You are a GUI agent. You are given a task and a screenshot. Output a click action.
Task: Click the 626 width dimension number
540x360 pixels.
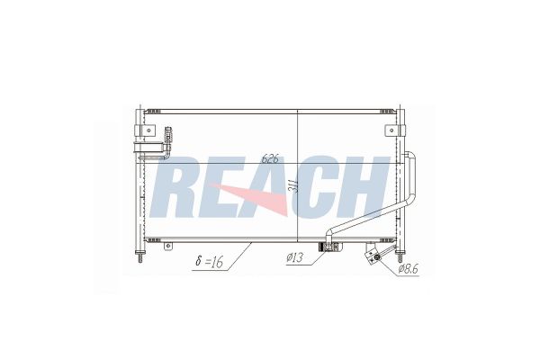click(270, 158)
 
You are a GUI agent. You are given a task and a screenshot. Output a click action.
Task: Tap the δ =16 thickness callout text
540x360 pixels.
click(209, 262)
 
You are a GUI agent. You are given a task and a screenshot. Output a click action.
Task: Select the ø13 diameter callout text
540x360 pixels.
click(294, 257)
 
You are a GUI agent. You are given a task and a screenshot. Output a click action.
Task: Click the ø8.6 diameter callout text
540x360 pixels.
click(408, 269)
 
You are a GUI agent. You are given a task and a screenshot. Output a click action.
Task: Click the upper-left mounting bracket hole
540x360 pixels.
click(148, 130)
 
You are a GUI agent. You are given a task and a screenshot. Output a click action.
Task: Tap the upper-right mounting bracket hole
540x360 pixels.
click(391, 130)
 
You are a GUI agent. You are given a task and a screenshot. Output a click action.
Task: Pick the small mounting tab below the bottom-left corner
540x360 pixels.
click(167, 246)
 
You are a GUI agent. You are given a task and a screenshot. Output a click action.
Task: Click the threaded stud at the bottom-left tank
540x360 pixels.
click(140, 256)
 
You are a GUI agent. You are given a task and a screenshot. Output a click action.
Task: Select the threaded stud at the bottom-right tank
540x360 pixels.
click(400, 256)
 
